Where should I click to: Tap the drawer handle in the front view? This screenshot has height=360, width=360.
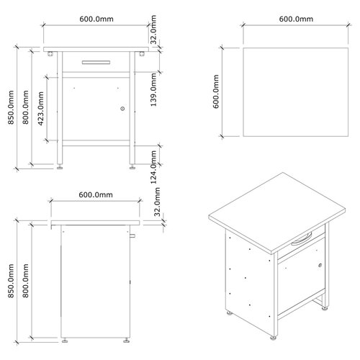tap(96, 63)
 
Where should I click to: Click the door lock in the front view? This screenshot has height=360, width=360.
tap(123, 109)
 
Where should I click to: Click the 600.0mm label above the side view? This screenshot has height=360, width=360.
tap(95, 195)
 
